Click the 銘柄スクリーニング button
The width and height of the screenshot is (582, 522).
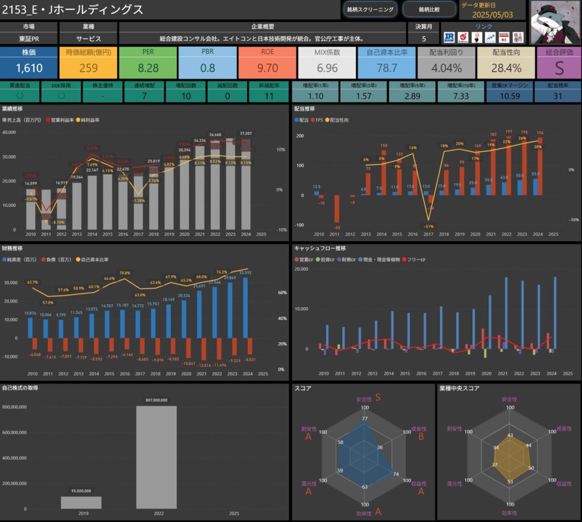point(370,9)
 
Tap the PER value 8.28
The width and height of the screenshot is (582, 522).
point(148,68)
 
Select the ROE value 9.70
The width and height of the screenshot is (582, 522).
point(267,68)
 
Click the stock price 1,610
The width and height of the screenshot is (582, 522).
point(28,68)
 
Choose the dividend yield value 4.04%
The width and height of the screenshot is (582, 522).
point(446,68)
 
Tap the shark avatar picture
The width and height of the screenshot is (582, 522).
point(555,22)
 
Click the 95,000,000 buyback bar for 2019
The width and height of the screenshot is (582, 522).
point(81,502)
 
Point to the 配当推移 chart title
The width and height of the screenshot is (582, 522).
point(305,108)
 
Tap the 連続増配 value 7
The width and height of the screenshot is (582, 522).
point(144,96)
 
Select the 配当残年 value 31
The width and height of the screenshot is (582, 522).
point(557,96)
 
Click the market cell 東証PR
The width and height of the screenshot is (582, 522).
point(28,39)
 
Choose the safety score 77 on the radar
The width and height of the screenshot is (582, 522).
point(365,419)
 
